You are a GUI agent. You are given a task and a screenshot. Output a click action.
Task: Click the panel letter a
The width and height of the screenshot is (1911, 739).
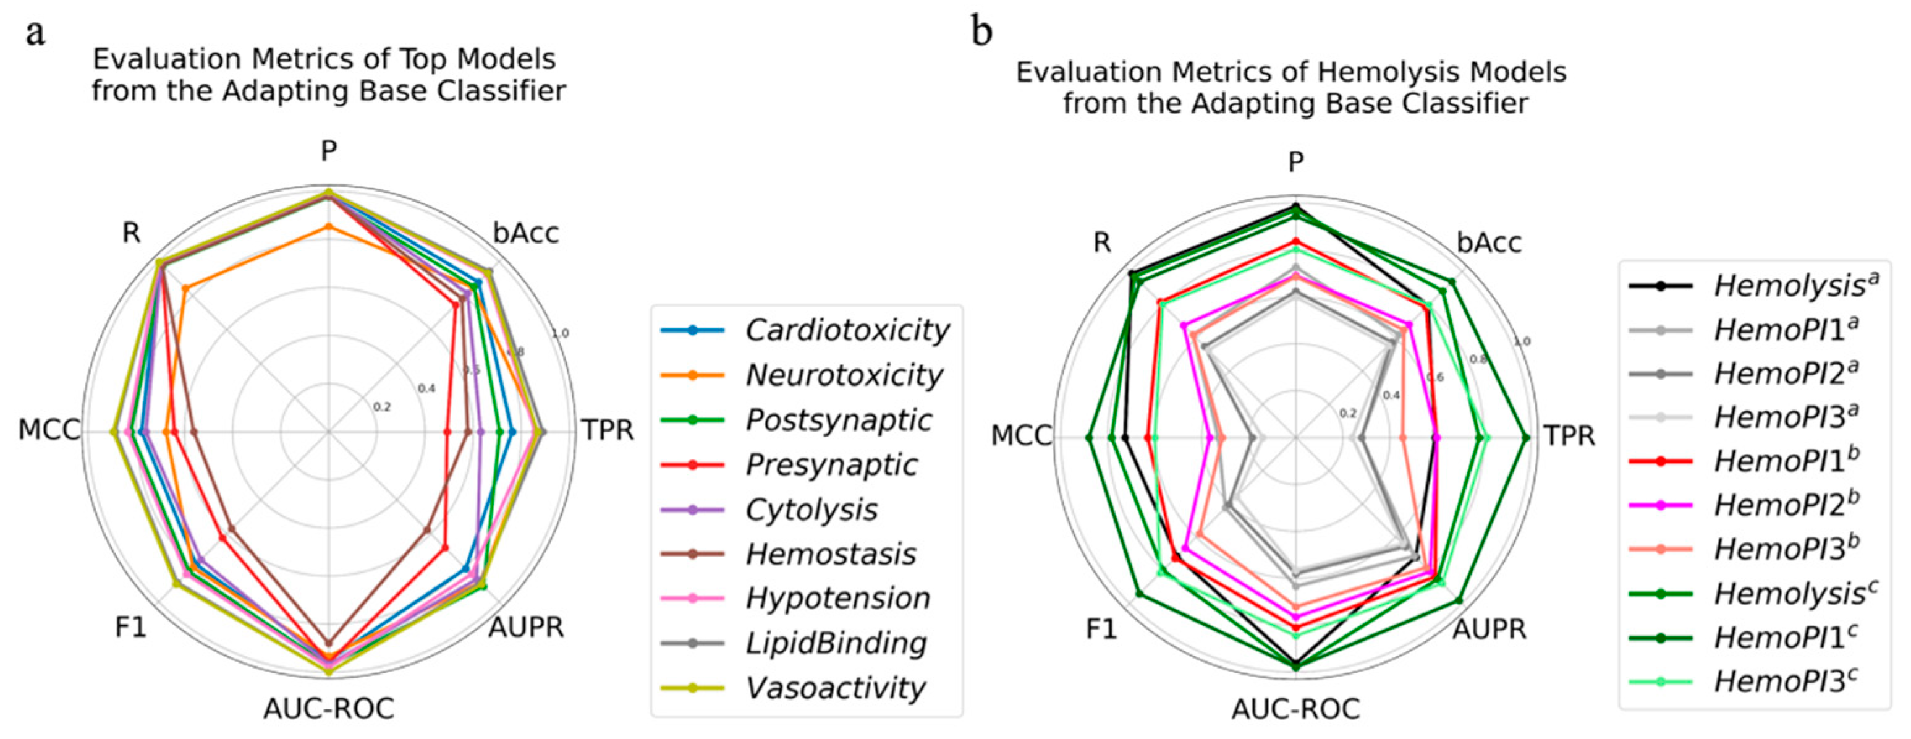click(x=35, y=33)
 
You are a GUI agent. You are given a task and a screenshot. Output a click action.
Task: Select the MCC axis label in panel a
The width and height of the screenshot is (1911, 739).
click(x=49, y=430)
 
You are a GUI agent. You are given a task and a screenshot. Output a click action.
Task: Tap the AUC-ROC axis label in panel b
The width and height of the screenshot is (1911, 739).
click(x=1295, y=709)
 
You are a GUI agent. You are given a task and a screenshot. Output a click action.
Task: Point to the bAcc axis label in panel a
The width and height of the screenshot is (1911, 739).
click(x=525, y=234)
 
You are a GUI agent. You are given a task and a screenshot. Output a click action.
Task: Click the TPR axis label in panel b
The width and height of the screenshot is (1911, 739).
click(x=1569, y=435)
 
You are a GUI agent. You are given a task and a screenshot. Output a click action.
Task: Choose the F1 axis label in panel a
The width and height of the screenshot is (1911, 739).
click(x=130, y=628)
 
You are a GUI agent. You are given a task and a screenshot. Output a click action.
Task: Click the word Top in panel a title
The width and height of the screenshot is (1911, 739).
click(x=425, y=59)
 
